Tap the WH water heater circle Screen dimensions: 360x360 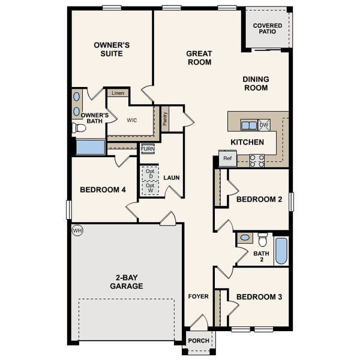pyautogui.click(x=77, y=230)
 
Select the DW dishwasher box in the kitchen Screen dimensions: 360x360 pyautogui.click(x=263, y=125)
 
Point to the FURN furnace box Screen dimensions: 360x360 pyautogui.click(x=148, y=149)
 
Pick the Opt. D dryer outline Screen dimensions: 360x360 pyautogui.click(x=150, y=173)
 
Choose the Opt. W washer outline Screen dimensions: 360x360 pyautogui.click(x=150, y=188)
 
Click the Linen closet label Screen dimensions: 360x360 pyautogui.click(x=118, y=94)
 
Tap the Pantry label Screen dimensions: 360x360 pyautogui.click(x=165, y=118)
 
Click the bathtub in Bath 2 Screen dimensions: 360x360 pyautogui.click(x=281, y=250)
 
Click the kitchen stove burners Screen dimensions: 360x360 pyautogui.click(x=257, y=160)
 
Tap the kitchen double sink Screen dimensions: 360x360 pyautogui.click(x=248, y=125)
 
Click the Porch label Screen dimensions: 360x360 pyautogui.click(x=199, y=341)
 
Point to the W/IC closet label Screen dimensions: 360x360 pyautogui.click(x=132, y=120)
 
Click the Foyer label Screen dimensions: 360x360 pyautogui.click(x=198, y=296)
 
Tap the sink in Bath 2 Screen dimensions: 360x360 pyautogui.click(x=245, y=238)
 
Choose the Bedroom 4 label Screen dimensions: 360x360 pyautogui.click(x=103, y=190)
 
